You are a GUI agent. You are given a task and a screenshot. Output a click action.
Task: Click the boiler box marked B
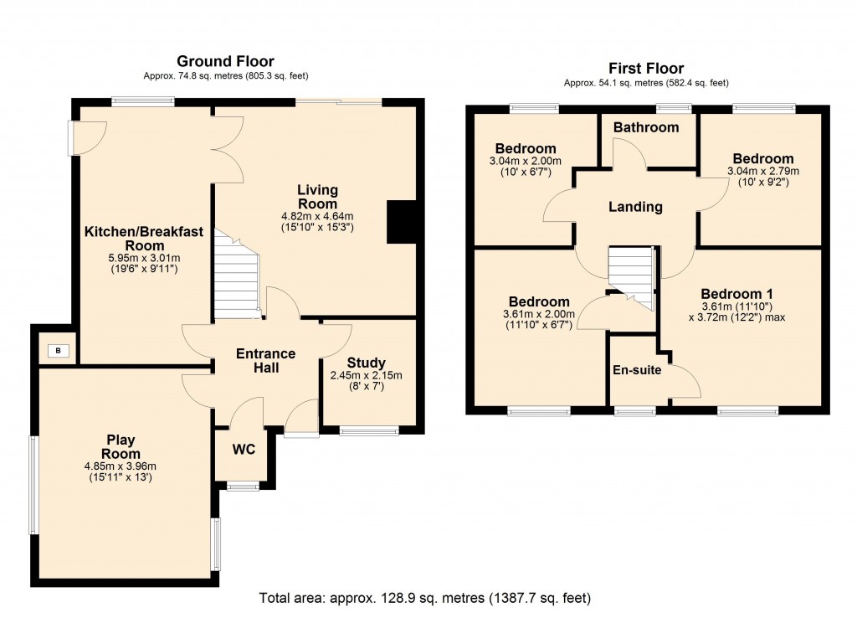coord(58,350)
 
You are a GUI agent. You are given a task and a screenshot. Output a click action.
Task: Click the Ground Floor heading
coord(225,61)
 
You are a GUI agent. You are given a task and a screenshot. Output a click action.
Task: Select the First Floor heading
coord(646,69)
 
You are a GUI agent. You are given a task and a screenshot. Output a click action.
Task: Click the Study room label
coord(366,363)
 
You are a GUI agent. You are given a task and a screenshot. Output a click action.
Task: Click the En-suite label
coord(637,368)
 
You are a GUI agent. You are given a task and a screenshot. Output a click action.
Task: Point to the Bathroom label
coord(645,127)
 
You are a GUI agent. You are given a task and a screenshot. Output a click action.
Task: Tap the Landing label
coord(636,207)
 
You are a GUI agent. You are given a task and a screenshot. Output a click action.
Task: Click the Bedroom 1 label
coord(736,294)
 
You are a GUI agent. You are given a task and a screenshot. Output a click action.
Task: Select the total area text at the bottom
coord(426,599)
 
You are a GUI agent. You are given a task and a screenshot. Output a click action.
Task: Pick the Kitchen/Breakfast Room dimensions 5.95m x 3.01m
coord(134,258)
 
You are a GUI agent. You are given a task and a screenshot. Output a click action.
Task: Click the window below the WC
coord(243,487)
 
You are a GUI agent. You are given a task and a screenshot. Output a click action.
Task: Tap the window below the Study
coord(369,431)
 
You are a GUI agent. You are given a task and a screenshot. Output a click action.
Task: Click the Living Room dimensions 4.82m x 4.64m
coord(317,215)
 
